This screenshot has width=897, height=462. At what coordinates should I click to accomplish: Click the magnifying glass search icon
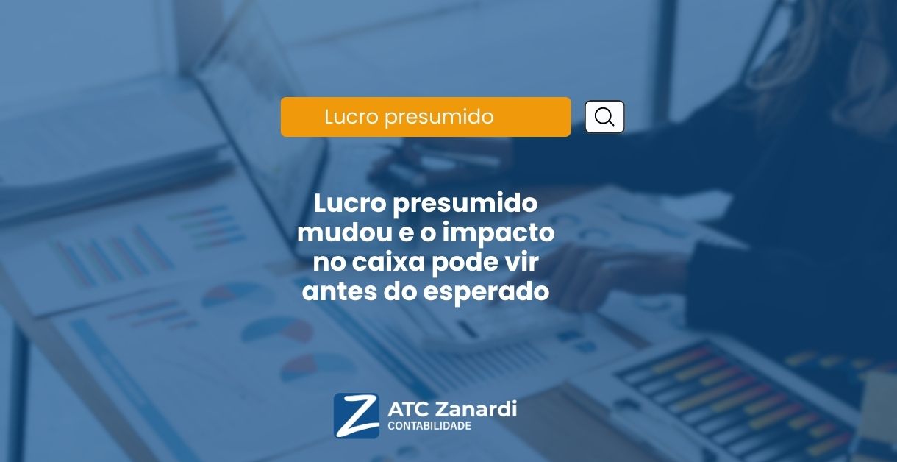coord(604,117)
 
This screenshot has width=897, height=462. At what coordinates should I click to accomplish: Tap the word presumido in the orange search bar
coord(439,118)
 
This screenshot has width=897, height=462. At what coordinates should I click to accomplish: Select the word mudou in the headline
coord(344,232)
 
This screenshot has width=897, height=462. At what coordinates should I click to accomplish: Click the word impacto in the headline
coord(498,233)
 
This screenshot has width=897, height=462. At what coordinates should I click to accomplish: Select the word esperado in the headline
coord(486,293)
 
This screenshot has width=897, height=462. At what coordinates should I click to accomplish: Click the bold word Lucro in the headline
coord(349,203)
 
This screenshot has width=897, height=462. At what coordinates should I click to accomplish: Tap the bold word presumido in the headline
coord(465,205)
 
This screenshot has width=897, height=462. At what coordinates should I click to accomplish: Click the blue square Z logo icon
coord(357,416)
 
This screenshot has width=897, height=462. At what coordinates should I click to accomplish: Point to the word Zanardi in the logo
coord(476,409)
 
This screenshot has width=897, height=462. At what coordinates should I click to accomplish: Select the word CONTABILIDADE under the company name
coord(429,426)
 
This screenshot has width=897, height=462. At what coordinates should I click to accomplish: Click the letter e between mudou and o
coord(406,234)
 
